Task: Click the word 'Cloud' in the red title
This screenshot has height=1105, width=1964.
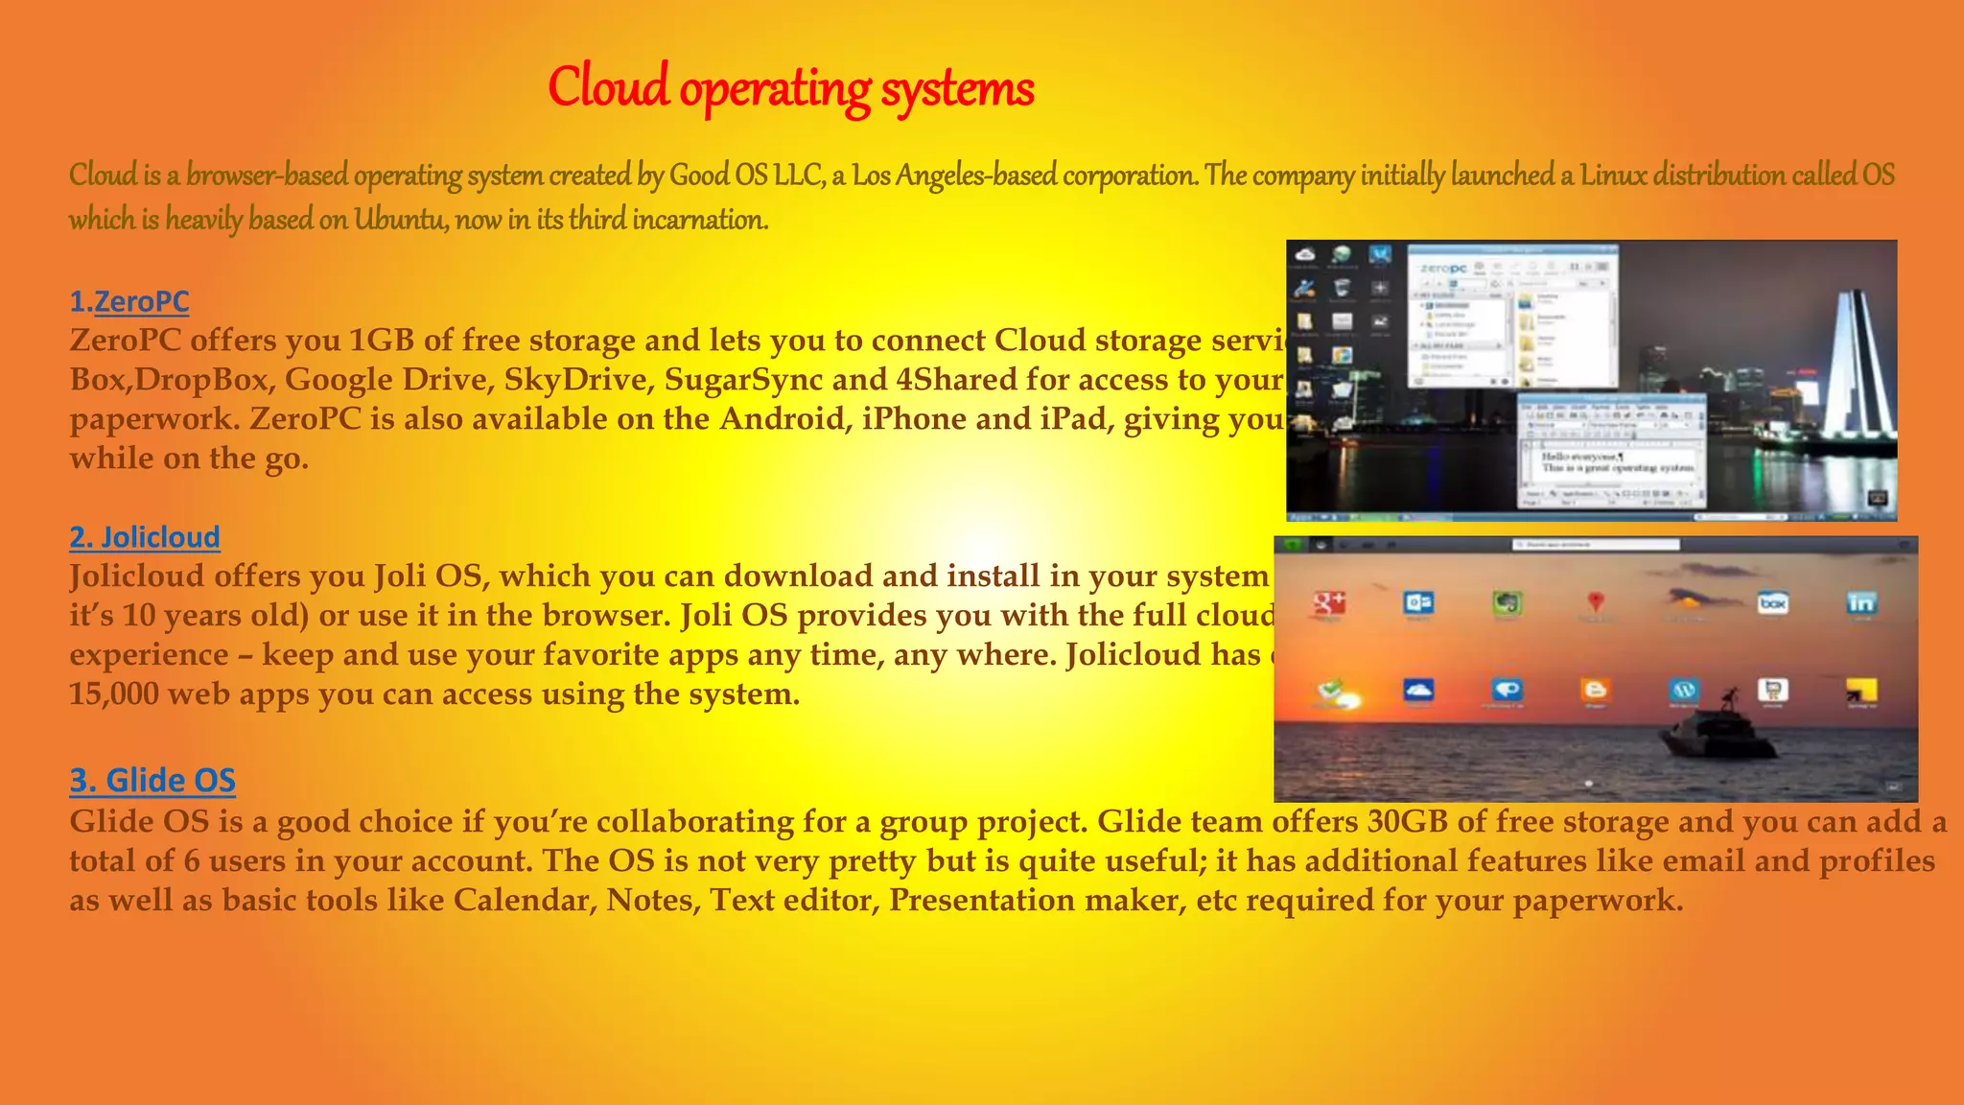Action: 608,86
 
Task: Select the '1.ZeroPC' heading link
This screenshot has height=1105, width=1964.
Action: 129,301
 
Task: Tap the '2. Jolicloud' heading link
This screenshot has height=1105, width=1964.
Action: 145,536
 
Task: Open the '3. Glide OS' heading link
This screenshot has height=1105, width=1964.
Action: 152,780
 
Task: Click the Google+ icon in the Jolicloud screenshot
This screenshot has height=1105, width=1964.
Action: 1330,602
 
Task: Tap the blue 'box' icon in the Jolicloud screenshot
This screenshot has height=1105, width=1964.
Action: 1773,602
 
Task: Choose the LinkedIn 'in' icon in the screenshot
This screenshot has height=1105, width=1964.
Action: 1861,602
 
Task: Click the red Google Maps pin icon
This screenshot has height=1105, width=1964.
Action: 1596,601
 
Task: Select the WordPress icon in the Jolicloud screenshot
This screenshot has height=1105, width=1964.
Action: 1684,690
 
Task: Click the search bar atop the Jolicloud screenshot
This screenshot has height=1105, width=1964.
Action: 1596,545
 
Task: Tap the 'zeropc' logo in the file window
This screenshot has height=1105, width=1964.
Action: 1443,270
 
